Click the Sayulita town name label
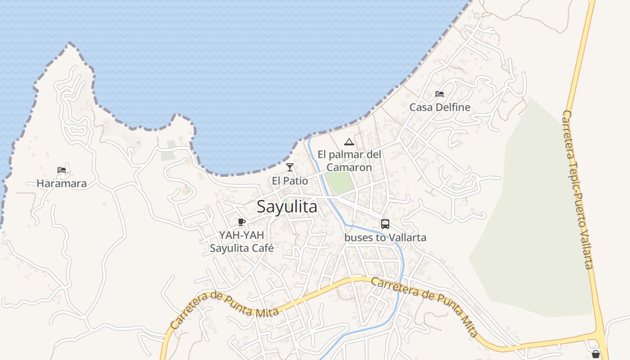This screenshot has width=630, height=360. click(x=287, y=207)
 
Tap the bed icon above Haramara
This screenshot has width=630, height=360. click(x=62, y=170)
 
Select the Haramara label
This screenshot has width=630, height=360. click(x=62, y=184)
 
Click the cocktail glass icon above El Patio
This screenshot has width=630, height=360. click(x=290, y=167)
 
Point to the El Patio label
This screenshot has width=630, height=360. click(x=290, y=181)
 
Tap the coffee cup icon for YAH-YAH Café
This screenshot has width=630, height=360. click(x=242, y=222)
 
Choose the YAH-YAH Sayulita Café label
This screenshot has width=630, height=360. click(x=242, y=242)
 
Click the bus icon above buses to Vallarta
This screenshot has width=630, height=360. click(x=385, y=224)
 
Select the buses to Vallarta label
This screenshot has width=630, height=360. click(x=385, y=238)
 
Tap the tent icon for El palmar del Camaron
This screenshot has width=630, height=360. click(x=349, y=142)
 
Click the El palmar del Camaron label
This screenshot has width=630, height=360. click(x=349, y=161)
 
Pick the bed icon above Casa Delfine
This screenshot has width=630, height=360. click(x=440, y=94)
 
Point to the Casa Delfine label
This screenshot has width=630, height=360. click(x=440, y=108)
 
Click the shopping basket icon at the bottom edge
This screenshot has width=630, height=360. click(x=596, y=355)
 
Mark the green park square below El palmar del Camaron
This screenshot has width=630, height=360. click(x=341, y=183)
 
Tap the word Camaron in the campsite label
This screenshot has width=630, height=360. click(x=349, y=167)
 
